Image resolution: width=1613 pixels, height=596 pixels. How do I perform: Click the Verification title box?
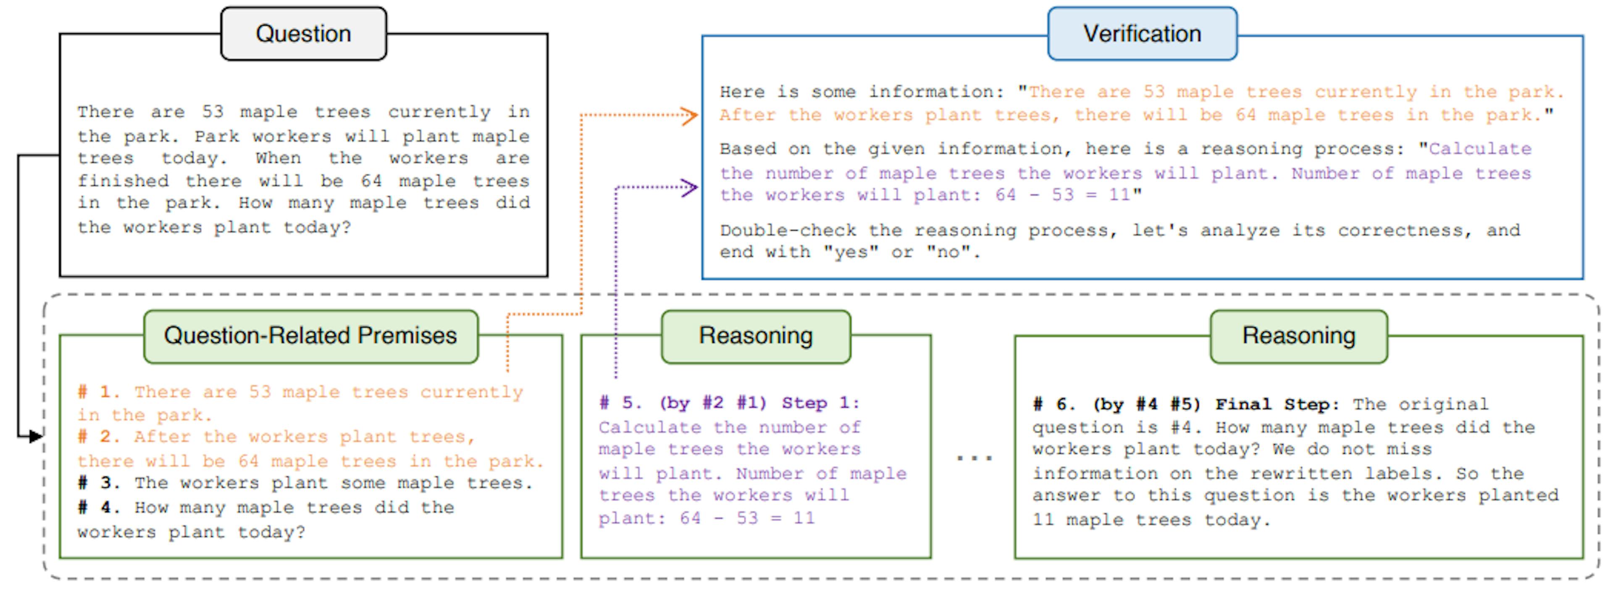click(1142, 34)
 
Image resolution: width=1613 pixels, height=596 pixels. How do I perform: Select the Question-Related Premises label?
click(310, 336)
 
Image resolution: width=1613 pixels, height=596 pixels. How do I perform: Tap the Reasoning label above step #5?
click(755, 336)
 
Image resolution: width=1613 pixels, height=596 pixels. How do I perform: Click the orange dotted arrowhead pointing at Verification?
click(690, 115)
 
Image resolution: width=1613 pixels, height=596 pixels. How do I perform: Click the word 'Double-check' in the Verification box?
click(788, 230)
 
